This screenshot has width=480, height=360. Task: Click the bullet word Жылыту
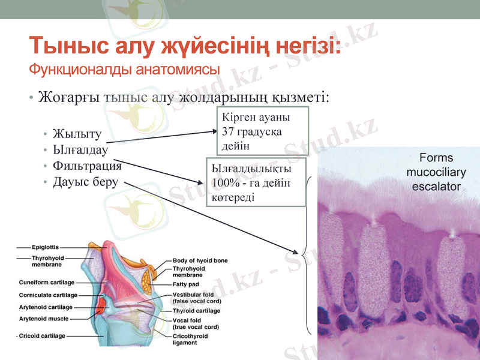coord(77,133)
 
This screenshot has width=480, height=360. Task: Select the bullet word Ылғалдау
coord(80,149)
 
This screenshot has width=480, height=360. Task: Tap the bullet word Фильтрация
coord(87,166)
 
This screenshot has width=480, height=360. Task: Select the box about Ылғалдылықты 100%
coord(256,182)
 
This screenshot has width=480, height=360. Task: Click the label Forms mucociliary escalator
coord(436,172)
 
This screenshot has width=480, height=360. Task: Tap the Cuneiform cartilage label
coord(46,282)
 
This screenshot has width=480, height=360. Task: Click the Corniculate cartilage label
coord(48,295)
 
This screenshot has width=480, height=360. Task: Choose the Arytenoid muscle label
coord(44,319)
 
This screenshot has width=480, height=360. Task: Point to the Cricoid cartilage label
coord(42,336)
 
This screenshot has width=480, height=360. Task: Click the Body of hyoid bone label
coord(200,261)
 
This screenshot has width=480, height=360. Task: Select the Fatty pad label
coord(186,284)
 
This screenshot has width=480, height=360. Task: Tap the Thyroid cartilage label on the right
coord(196,311)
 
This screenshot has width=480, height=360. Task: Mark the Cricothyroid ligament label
coord(190,340)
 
